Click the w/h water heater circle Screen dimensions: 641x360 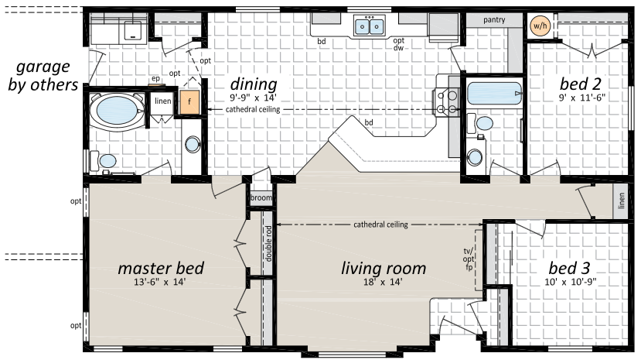tap(540, 26)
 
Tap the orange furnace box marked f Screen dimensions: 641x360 tap(189, 102)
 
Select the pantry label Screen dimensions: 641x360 tap(494, 20)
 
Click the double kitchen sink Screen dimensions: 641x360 tap(370, 26)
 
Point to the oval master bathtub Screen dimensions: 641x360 tap(118, 111)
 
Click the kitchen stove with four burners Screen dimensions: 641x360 tap(446, 102)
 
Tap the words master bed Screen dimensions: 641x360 tap(161, 269)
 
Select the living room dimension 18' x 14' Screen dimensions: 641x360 tap(383, 282)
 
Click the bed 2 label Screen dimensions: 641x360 tap(581, 84)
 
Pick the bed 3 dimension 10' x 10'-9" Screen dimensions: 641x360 tap(571, 282)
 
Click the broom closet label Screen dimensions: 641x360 tap(261, 198)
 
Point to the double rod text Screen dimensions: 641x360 tap(268, 243)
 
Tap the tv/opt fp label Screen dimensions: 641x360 tap(469, 259)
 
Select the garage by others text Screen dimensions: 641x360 tap(43, 76)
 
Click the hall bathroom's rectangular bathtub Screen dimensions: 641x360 tap(494, 94)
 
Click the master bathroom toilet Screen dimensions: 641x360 tap(104, 161)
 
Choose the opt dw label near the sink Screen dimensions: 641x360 tap(398, 44)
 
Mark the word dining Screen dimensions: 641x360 tap(254, 84)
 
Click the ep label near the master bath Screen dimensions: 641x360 tap(155, 78)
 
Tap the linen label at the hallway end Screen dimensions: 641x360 tap(622, 201)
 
